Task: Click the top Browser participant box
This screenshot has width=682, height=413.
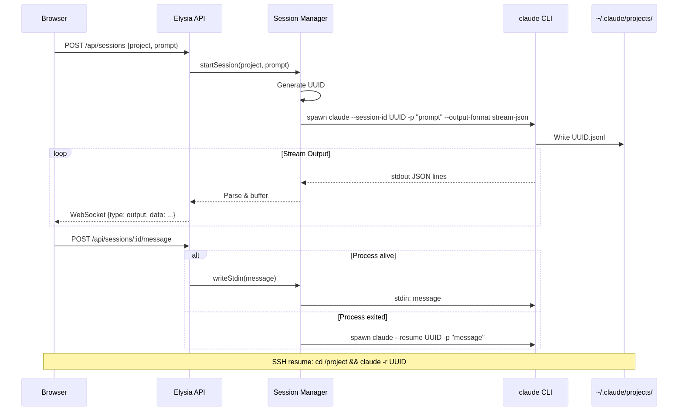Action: click(x=54, y=18)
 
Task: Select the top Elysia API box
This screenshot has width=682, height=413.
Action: click(x=189, y=18)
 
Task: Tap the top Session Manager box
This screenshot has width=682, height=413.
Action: click(x=300, y=18)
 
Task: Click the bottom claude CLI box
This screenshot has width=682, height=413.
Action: click(x=535, y=392)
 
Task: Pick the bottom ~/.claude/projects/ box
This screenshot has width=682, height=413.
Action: click(x=624, y=392)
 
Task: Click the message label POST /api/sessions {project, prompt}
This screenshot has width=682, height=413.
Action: click(x=121, y=46)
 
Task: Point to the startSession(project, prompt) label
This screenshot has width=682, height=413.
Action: click(x=244, y=65)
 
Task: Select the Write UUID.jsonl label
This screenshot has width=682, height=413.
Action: click(x=579, y=138)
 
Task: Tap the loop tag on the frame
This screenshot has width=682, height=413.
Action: click(x=60, y=153)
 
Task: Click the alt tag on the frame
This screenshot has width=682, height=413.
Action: click(x=195, y=255)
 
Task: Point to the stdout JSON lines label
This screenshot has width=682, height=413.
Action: click(x=418, y=177)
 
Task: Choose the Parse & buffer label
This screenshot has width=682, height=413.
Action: click(x=245, y=196)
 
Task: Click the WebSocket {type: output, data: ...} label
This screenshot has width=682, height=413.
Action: click(x=122, y=215)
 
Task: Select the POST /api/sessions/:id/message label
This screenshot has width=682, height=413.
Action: click(x=121, y=239)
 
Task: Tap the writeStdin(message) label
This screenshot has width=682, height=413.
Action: click(x=244, y=279)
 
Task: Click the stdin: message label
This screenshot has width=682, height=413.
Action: click(x=417, y=299)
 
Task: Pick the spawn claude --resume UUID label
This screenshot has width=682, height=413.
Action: click(x=417, y=338)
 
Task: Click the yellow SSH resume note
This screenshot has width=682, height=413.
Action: click(x=339, y=362)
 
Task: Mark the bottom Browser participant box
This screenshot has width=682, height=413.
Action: click(x=54, y=392)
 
